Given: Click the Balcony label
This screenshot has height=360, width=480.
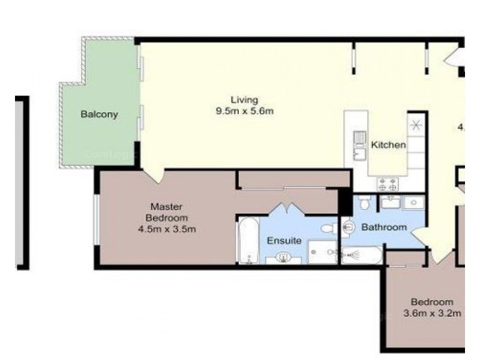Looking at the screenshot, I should [100, 114].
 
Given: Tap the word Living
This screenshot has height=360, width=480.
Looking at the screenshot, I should [244, 100].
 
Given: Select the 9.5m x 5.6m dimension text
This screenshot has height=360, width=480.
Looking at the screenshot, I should [244, 111].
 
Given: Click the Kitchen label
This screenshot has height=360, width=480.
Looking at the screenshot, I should [388, 145].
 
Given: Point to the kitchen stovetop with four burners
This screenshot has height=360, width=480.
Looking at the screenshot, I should [387, 184].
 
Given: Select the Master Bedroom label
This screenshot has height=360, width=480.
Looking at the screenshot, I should [169, 212].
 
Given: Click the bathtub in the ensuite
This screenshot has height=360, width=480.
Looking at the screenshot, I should [248, 241].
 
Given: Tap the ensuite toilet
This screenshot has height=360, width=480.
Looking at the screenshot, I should [329, 229].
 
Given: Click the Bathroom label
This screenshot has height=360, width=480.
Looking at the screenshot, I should [383, 227].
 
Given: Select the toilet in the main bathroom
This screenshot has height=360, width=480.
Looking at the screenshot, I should [364, 203].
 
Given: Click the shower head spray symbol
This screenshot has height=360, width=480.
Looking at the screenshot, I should [350, 256].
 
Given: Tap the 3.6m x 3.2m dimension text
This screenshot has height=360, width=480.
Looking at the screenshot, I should [431, 313].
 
